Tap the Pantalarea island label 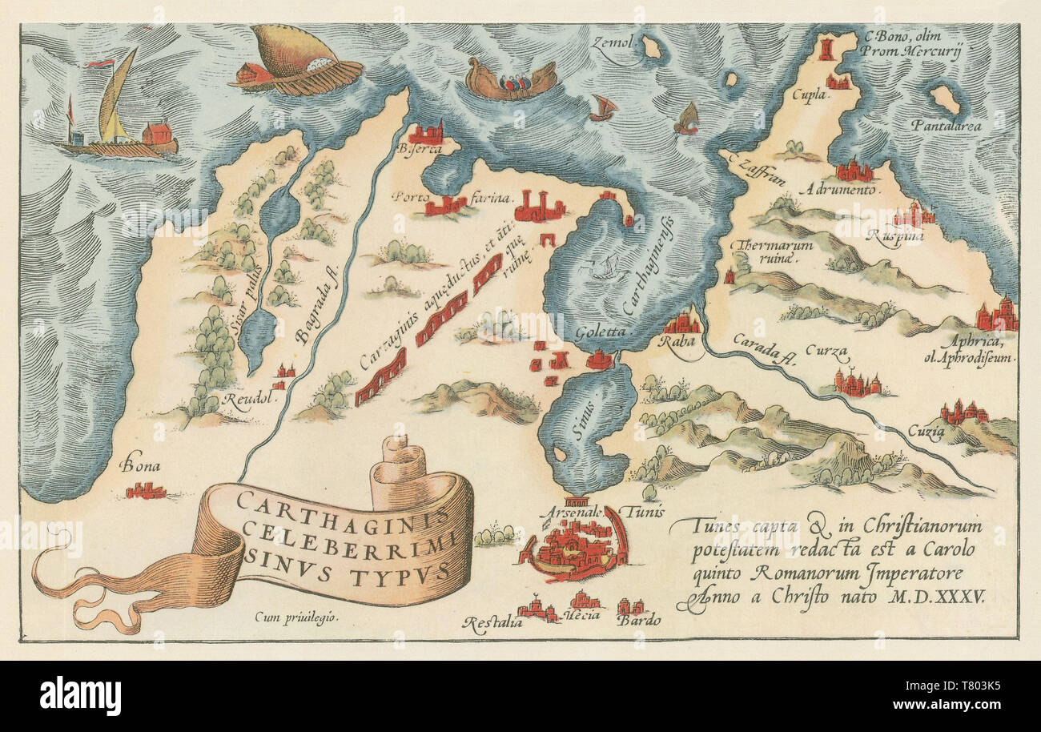coord(951,126)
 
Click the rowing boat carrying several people coord(511,81)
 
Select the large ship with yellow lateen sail coord(118,112)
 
